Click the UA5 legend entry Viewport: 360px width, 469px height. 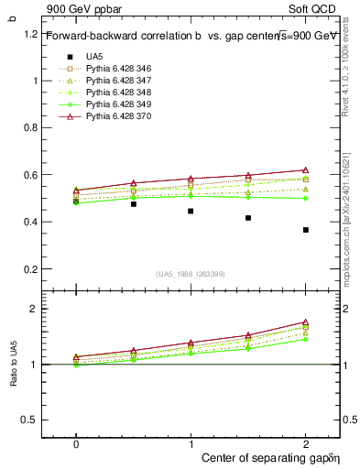point(94,57)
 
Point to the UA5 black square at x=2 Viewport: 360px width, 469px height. point(306,230)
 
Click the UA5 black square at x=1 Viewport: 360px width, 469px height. point(191,211)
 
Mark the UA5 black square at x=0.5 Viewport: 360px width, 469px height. point(134,204)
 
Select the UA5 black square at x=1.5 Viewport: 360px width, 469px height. point(248,218)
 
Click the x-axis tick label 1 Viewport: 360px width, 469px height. point(191,443)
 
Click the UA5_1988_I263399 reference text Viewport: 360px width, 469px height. point(191,274)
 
